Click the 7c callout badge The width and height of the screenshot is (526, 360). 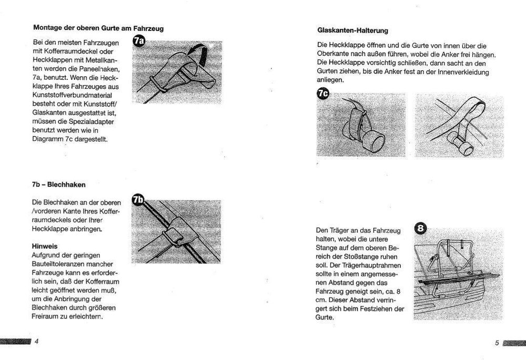click(322, 94)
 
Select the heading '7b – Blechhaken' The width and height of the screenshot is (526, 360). click(58, 185)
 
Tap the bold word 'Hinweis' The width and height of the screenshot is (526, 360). click(44, 245)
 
